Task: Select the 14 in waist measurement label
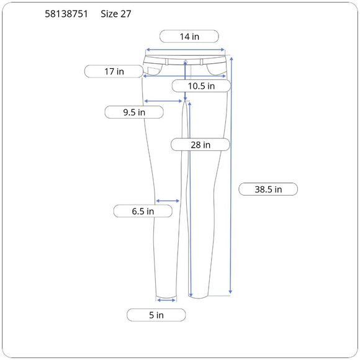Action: [189, 37]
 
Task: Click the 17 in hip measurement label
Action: [114, 71]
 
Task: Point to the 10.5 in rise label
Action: [202, 86]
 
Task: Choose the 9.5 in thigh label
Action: [133, 112]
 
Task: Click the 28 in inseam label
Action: [200, 145]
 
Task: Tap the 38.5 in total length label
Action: [268, 189]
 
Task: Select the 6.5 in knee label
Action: [142, 211]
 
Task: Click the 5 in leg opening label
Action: [156, 315]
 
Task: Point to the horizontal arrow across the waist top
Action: [185, 50]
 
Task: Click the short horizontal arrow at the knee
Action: [168, 200]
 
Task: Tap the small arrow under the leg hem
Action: [166, 300]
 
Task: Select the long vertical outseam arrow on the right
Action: [231, 174]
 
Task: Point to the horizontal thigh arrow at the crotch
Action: [164, 101]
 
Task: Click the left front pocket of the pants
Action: [151, 68]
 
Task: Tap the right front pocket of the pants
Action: [217, 68]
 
